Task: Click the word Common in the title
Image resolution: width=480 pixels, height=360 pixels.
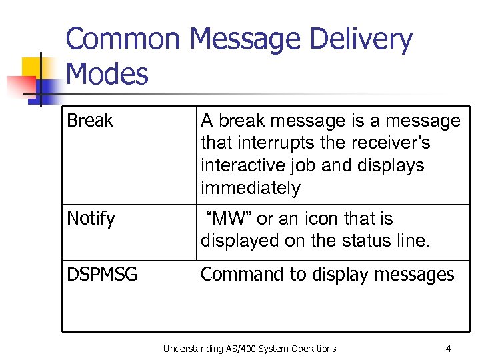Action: click(x=123, y=39)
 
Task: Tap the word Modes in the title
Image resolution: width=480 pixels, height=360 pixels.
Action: click(x=107, y=74)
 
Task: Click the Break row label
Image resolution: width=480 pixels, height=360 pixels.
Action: click(x=90, y=121)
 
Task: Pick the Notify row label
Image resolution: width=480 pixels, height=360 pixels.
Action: click(x=91, y=219)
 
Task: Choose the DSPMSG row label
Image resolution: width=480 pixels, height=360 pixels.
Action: click(x=102, y=274)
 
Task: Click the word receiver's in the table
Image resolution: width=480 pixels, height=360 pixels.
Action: click(x=397, y=143)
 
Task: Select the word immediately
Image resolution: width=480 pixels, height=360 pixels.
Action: click(x=251, y=188)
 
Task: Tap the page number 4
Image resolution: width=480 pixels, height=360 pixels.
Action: click(x=448, y=348)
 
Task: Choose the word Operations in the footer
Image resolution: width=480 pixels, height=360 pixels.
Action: click(x=313, y=348)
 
